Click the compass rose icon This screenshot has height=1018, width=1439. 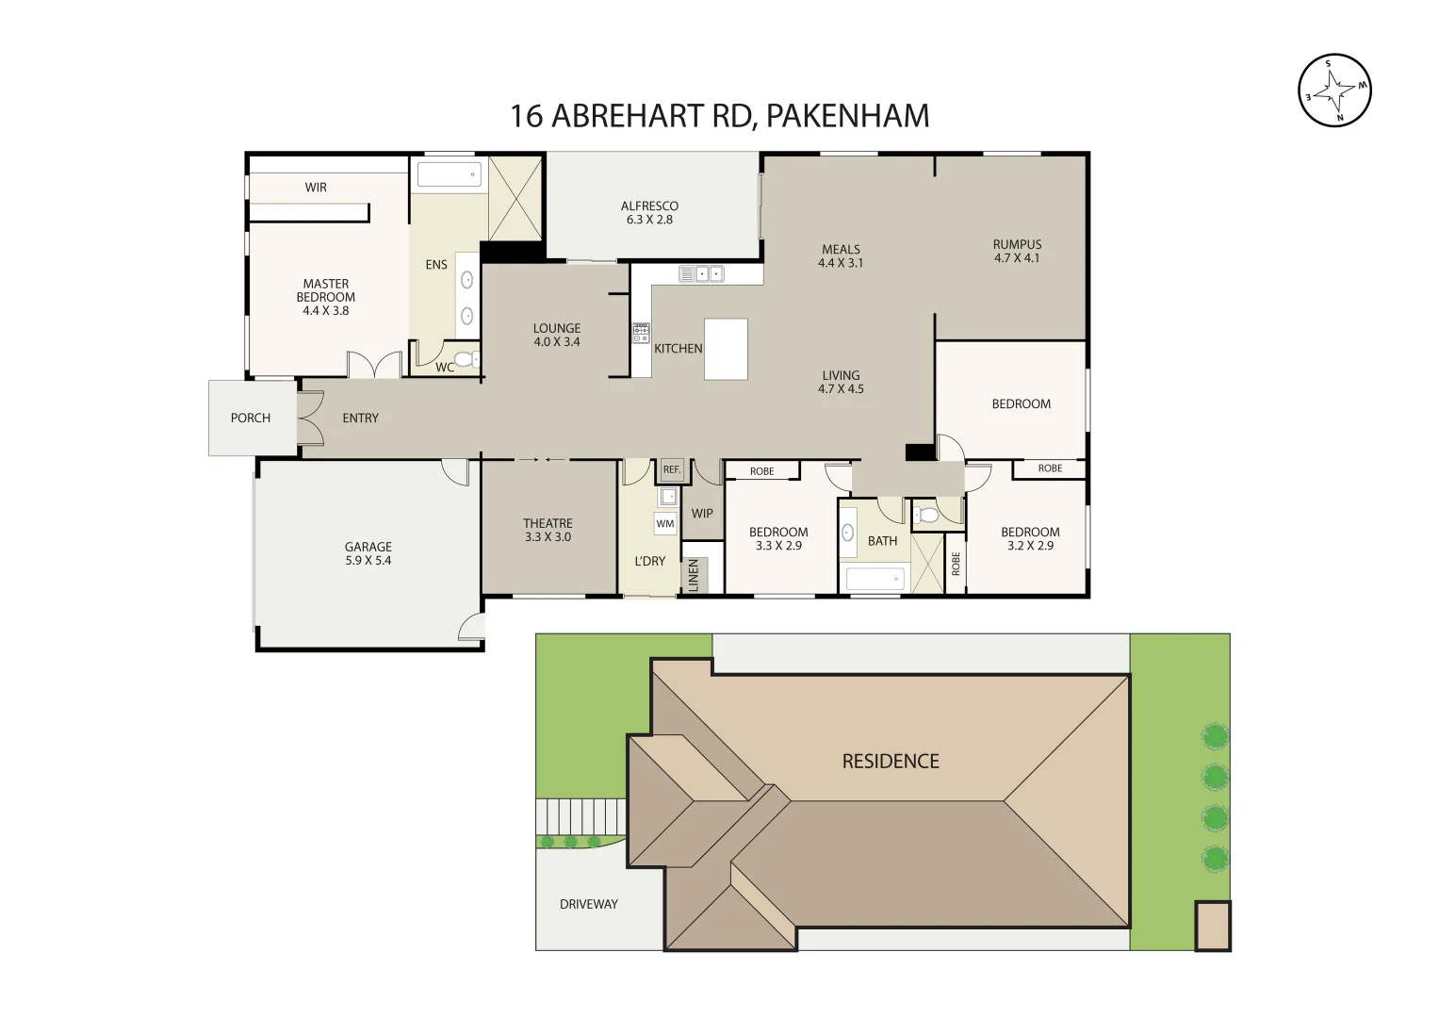[1334, 90]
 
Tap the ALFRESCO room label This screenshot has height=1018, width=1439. [649, 206]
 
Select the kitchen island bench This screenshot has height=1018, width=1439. [726, 349]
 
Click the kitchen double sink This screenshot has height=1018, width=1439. [701, 274]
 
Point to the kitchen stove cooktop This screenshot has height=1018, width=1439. [641, 333]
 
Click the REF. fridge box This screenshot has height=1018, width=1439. [671, 469]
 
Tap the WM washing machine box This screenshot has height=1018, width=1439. [665, 523]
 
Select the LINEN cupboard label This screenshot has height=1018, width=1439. [695, 575]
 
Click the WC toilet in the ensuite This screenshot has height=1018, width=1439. [464, 359]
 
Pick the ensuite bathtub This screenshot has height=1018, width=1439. [449, 174]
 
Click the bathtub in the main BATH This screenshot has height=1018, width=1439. [875, 579]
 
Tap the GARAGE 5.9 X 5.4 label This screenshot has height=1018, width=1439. [368, 553]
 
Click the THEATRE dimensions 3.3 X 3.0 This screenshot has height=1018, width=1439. [548, 537]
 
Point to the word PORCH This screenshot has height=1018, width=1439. [251, 418]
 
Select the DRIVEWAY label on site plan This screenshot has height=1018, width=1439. [589, 904]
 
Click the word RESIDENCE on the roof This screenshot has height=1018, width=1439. [891, 762]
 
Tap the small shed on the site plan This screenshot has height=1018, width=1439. [1213, 926]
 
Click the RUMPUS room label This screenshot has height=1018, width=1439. [1017, 244]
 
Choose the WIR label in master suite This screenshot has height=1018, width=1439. [316, 188]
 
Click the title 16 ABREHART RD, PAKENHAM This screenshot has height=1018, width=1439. [720, 116]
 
